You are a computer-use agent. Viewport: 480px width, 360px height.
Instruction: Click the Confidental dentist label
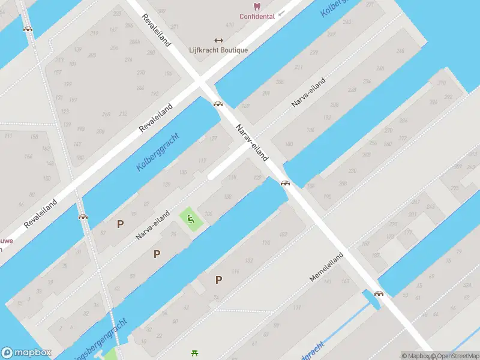(x=257, y=16)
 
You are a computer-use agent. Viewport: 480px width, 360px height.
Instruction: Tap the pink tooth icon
(x=257, y=6)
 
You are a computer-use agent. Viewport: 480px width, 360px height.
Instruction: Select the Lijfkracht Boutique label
(x=218, y=50)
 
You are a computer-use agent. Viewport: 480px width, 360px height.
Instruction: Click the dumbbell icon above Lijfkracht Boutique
(x=218, y=41)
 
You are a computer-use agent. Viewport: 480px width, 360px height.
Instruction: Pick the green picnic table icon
(x=194, y=353)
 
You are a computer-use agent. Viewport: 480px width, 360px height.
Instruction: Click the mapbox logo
(x=26, y=353)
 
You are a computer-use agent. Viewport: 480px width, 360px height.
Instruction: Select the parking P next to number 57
(x=120, y=224)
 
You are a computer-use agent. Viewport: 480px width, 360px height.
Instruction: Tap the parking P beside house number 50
(x=157, y=254)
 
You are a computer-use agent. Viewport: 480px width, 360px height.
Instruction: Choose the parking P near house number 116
(x=219, y=280)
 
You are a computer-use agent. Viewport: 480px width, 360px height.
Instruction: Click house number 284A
(x=134, y=42)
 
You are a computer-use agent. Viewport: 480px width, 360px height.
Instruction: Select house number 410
(x=230, y=25)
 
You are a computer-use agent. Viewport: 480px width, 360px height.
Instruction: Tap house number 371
(x=175, y=27)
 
